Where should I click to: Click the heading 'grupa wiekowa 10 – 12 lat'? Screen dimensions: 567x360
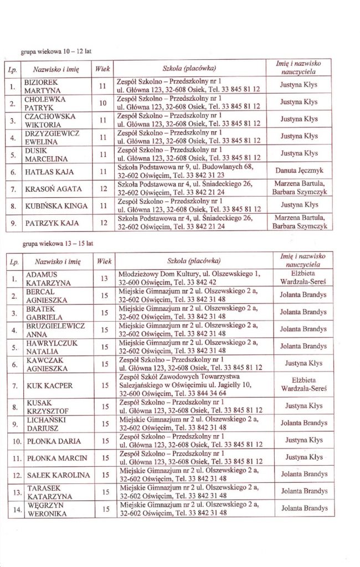pyautogui.click(x=55, y=51)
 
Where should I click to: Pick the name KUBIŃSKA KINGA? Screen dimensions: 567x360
pyautogui.click(x=56, y=206)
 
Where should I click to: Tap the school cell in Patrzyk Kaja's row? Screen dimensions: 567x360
pyautogui.click(x=185, y=223)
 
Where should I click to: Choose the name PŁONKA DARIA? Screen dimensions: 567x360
pyautogui.click(x=53, y=441)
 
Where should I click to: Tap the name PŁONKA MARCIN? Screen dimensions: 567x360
pyautogui.click(x=56, y=458)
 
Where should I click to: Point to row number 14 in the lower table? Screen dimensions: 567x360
pyautogui.click(x=16, y=509)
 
